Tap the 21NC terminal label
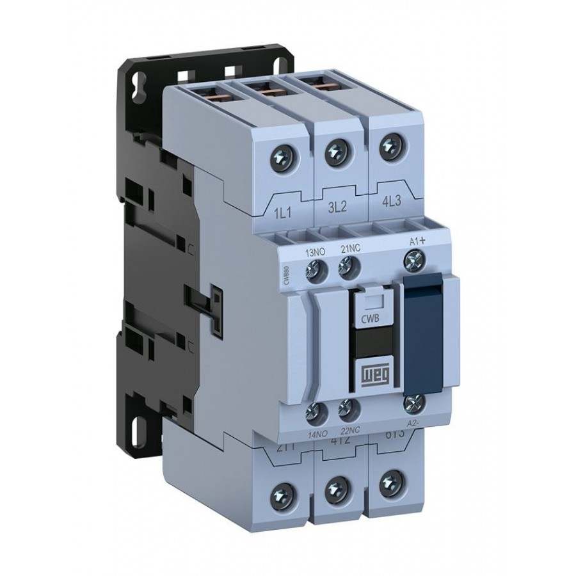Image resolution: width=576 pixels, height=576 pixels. [349, 252]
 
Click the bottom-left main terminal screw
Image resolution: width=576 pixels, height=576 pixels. [280, 493]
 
